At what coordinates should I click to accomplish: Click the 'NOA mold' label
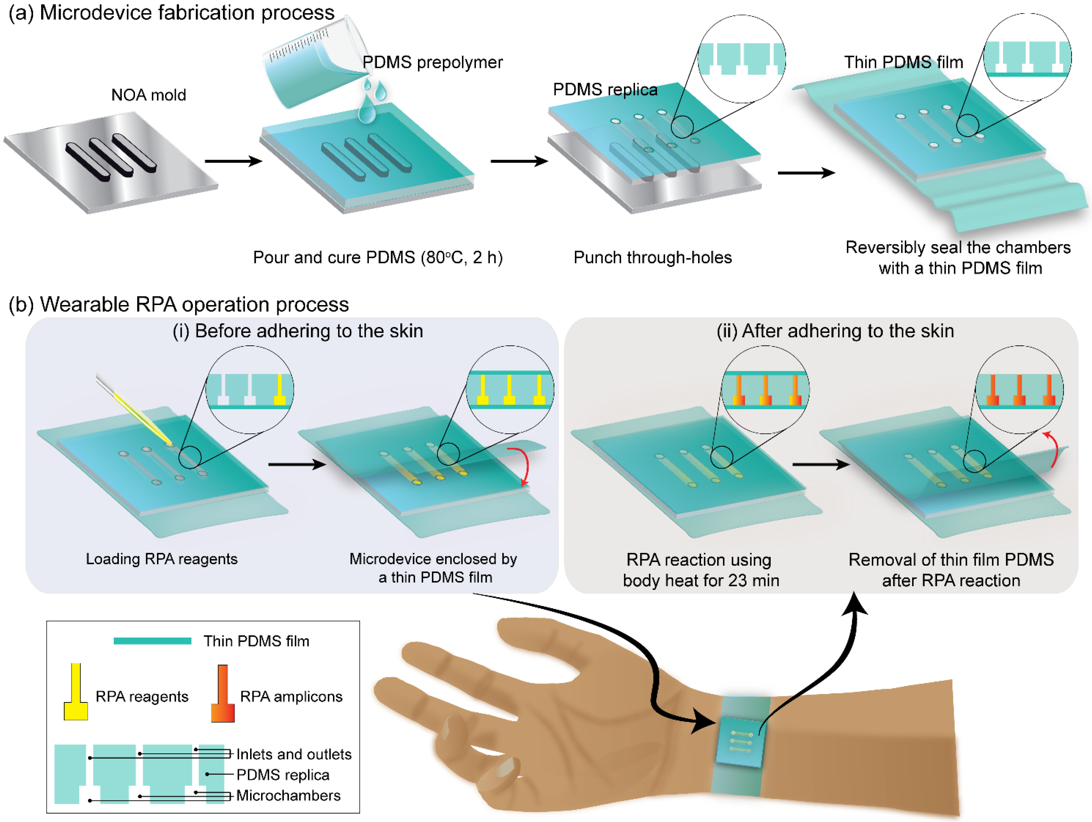click(149, 95)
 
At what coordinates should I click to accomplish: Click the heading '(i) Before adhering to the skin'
click(298, 331)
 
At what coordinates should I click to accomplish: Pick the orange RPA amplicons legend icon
click(223, 694)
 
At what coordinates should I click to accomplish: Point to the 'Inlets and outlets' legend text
click(294, 754)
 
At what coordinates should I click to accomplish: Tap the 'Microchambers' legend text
click(288, 795)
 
